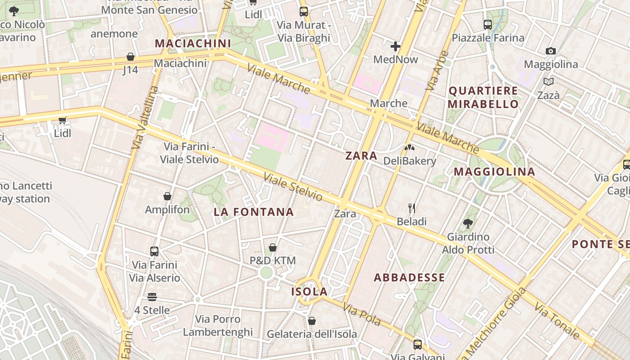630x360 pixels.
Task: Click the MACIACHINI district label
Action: pyautogui.click(x=193, y=44)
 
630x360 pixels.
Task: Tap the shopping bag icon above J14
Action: pyautogui.click(x=130, y=57)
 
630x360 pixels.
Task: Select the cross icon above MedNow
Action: pyautogui.click(x=396, y=46)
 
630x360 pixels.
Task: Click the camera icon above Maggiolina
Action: pyautogui.click(x=550, y=51)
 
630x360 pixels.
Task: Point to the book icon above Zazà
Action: pyautogui.click(x=548, y=82)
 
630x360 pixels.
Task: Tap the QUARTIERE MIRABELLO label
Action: pyautogui.click(x=484, y=97)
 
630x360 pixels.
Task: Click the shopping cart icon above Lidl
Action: pyautogui.click(x=63, y=120)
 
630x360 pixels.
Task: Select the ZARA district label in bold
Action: pyautogui.click(x=361, y=156)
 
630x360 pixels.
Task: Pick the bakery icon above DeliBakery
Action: pyautogui.click(x=409, y=147)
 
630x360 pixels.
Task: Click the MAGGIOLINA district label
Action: pyautogui.click(x=494, y=171)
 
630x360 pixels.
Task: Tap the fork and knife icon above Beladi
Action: pyautogui.click(x=411, y=208)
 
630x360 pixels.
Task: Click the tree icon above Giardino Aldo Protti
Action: pyautogui.click(x=468, y=223)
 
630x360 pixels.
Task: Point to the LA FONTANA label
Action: pyautogui.click(x=254, y=211)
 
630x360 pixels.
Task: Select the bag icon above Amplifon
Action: pyautogui.click(x=167, y=196)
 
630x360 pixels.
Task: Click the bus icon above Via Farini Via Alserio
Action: pyautogui.click(x=154, y=251)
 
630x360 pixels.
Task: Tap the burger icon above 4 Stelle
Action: pyautogui.click(x=152, y=297)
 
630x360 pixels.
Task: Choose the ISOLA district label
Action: pyautogui.click(x=309, y=291)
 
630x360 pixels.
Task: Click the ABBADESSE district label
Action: pyautogui.click(x=409, y=277)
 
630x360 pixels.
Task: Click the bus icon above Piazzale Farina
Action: pyautogui.click(x=488, y=24)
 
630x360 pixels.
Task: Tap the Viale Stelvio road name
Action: pyautogui.click(x=293, y=187)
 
